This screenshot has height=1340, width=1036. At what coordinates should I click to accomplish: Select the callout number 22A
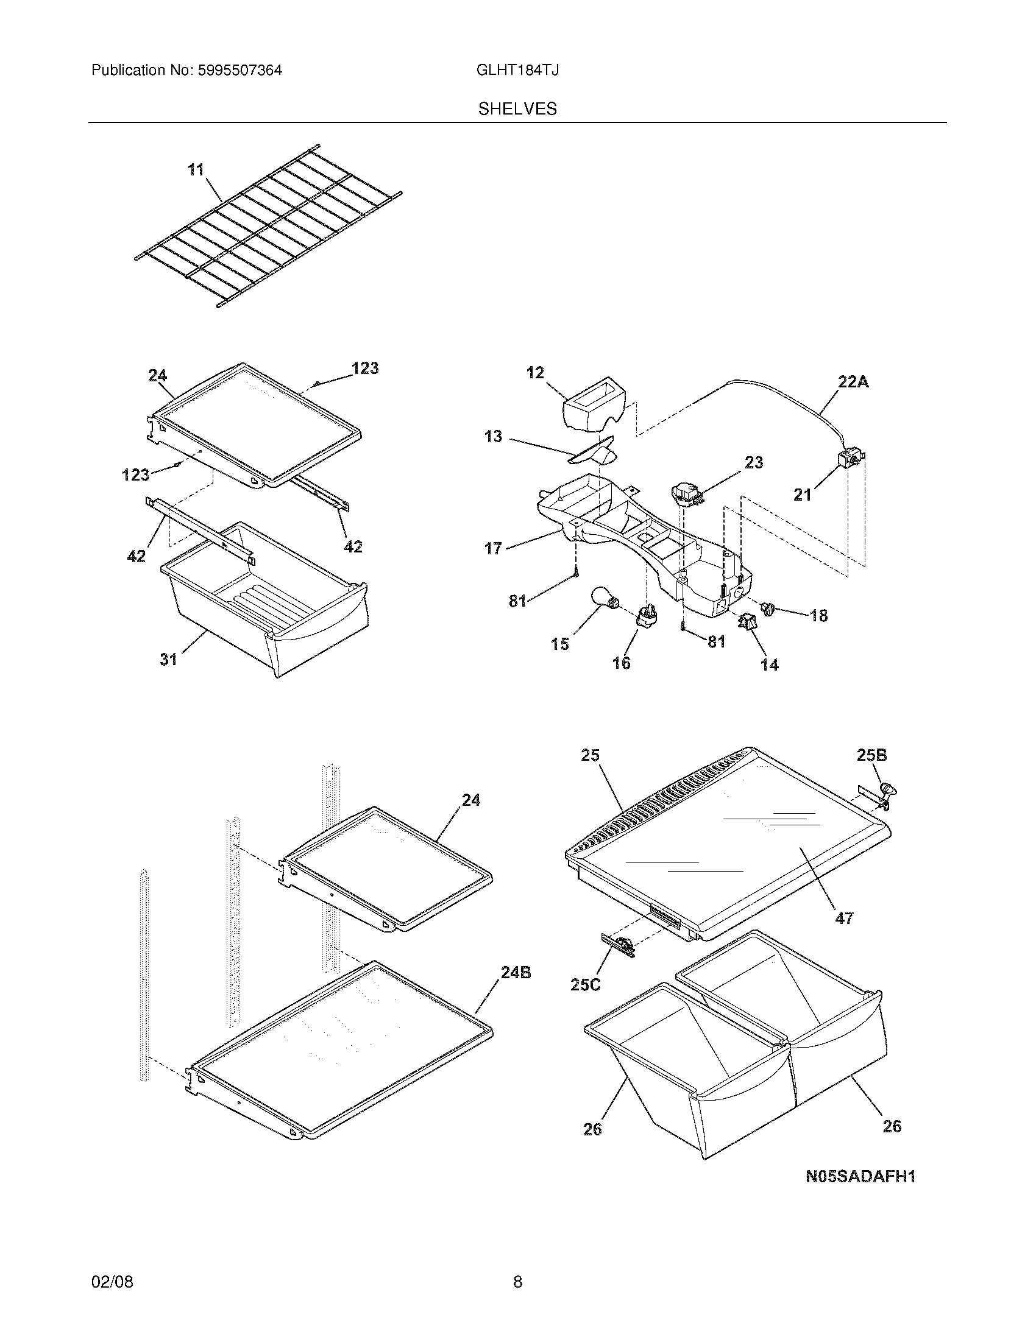click(x=853, y=382)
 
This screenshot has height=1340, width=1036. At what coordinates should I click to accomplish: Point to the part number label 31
click(x=168, y=659)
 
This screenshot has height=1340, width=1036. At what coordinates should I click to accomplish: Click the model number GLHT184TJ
click(x=517, y=71)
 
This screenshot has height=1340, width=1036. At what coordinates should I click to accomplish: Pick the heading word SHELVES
click(x=517, y=109)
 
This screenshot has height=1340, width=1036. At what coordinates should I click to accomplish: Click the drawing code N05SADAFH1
click(x=860, y=1176)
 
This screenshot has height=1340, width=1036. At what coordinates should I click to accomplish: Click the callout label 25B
click(x=871, y=755)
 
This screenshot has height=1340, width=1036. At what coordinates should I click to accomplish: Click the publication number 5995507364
click(x=239, y=71)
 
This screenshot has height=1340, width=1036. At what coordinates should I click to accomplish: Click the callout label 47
click(x=844, y=935)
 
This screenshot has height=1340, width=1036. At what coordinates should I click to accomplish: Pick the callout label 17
click(x=493, y=548)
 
